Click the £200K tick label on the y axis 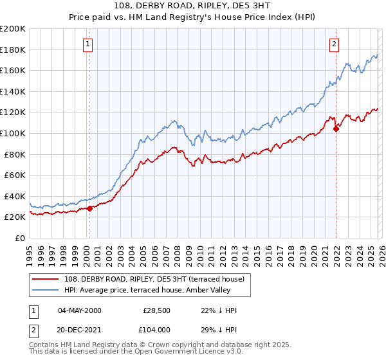coord(13,29)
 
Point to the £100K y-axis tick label coord(13,133)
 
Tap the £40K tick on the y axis coord(15,196)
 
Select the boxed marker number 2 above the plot coord(335,44)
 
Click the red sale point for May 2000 coord(89,208)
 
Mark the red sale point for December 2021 coord(336,129)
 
